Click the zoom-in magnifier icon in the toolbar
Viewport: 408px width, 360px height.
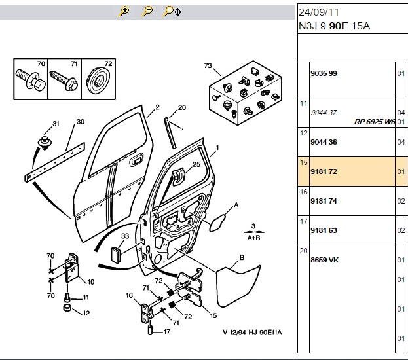coord(124,11)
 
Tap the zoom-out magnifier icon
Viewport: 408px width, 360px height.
coord(148,11)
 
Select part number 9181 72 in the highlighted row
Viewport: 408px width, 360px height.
coord(324,171)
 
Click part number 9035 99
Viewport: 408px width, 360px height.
coord(324,73)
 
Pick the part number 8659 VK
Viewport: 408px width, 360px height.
coord(324,260)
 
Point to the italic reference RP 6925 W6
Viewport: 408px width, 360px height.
coord(375,122)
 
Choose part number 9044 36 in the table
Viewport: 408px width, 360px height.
coord(324,142)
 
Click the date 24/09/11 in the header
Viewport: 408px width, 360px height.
coord(319,12)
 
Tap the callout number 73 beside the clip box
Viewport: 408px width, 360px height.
coord(208,66)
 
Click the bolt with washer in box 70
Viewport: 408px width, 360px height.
coord(31,79)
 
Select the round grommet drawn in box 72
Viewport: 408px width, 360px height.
coord(98,80)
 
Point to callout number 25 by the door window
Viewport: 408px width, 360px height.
coord(196,164)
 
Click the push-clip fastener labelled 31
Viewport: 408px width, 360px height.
coord(45,143)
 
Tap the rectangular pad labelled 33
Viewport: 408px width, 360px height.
coord(115,255)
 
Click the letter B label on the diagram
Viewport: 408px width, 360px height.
coord(242,257)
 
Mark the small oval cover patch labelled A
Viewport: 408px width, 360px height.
coord(217,223)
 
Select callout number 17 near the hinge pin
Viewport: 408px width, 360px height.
coord(167,332)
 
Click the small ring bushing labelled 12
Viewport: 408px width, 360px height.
coord(67,308)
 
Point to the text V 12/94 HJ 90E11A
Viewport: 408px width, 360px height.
coord(252,333)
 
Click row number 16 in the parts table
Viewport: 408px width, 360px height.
coord(304,192)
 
